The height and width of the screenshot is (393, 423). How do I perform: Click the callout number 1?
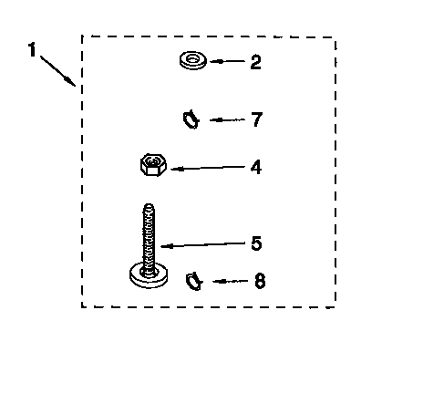32,49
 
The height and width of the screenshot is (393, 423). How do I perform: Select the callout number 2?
255,62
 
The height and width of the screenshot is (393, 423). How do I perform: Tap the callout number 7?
257,119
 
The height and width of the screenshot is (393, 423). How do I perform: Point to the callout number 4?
256,167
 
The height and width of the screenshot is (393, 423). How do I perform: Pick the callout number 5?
256,243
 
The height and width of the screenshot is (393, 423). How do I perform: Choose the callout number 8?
260,281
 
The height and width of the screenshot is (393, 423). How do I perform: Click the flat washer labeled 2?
193,60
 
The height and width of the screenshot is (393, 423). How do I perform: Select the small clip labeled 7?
191,119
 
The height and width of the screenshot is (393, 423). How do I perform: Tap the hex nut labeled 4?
153,165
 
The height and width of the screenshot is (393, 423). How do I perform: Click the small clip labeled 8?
194,281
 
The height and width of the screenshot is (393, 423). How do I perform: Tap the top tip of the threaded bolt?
149,204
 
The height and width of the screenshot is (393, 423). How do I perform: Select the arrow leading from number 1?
57,70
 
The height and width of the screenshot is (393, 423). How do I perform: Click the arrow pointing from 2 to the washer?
227,61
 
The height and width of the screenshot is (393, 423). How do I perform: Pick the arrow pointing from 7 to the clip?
227,120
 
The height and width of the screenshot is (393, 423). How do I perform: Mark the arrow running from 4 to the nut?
208,168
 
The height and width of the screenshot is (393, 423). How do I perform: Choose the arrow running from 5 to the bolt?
202,244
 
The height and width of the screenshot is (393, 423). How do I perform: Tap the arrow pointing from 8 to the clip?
231,282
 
